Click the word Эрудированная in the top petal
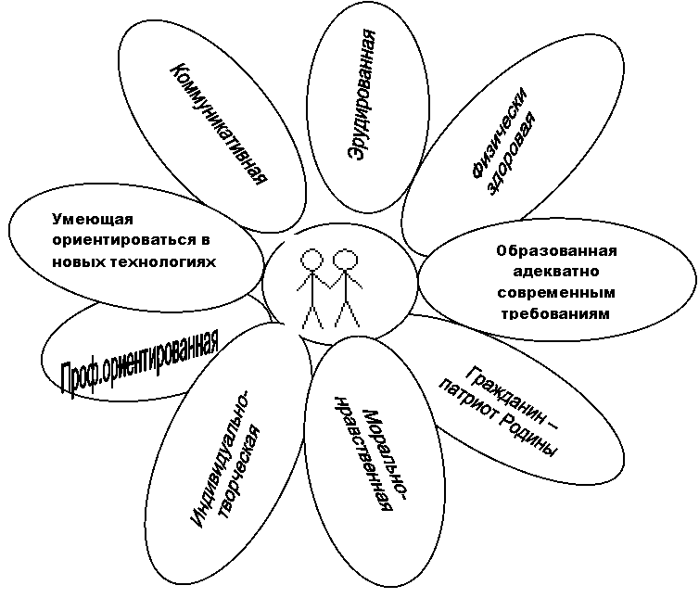[362, 95]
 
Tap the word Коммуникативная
[220, 124]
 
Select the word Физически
[500, 133]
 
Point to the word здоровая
[513, 154]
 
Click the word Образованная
[557, 251]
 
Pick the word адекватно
[556, 272]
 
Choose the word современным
[556, 293]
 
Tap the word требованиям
[556, 314]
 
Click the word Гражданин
[512, 398]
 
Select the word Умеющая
[93, 220]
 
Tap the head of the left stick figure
[311, 259]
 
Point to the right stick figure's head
[346, 260]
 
